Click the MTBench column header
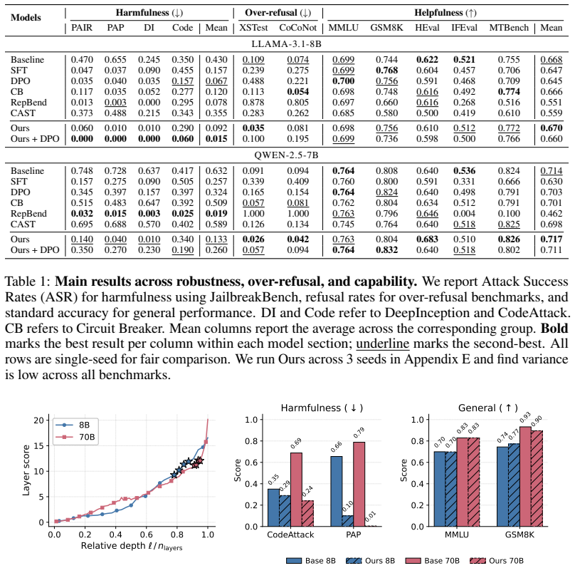[x=509, y=28]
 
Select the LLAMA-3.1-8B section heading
[x=286, y=44]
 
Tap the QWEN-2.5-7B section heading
[x=286, y=155]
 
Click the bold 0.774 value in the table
[x=509, y=91]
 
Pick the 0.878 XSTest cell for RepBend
[x=253, y=102]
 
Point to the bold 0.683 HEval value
[x=427, y=239]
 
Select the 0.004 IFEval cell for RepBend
[x=464, y=213]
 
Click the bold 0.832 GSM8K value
[x=386, y=249]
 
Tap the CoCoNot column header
[x=297, y=28]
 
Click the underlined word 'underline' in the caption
[x=382, y=344]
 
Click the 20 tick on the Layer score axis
[x=38, y=420]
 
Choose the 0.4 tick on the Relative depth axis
[x=115, y=535]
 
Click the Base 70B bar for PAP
[x=359, y=484]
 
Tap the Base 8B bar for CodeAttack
[x=273, y=507]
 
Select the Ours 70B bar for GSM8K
[x=537, y=478]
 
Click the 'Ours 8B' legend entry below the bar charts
[x=370, y=561]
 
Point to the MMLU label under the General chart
[x=457, y=535]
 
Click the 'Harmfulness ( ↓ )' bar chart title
[x=322, y=408]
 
